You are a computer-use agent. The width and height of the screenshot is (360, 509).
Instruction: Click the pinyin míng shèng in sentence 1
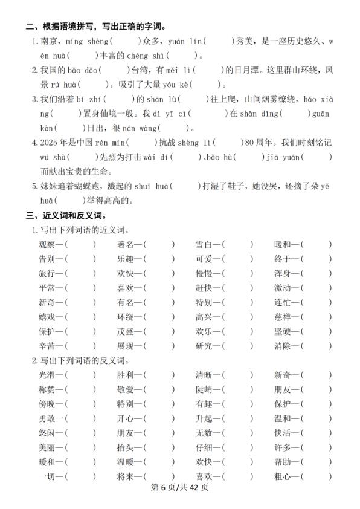(x=88, y=42)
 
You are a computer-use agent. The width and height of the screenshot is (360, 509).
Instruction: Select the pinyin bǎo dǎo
(x=89, y=70)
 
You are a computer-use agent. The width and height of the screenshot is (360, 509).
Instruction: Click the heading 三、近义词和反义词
(x=65, y=215)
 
